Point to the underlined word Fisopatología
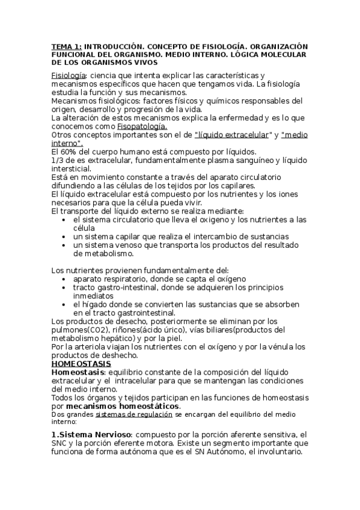coord(142,126)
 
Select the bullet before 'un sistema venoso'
coord(64,245)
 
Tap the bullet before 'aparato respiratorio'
coord(64,279)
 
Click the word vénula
coord(280,347)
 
